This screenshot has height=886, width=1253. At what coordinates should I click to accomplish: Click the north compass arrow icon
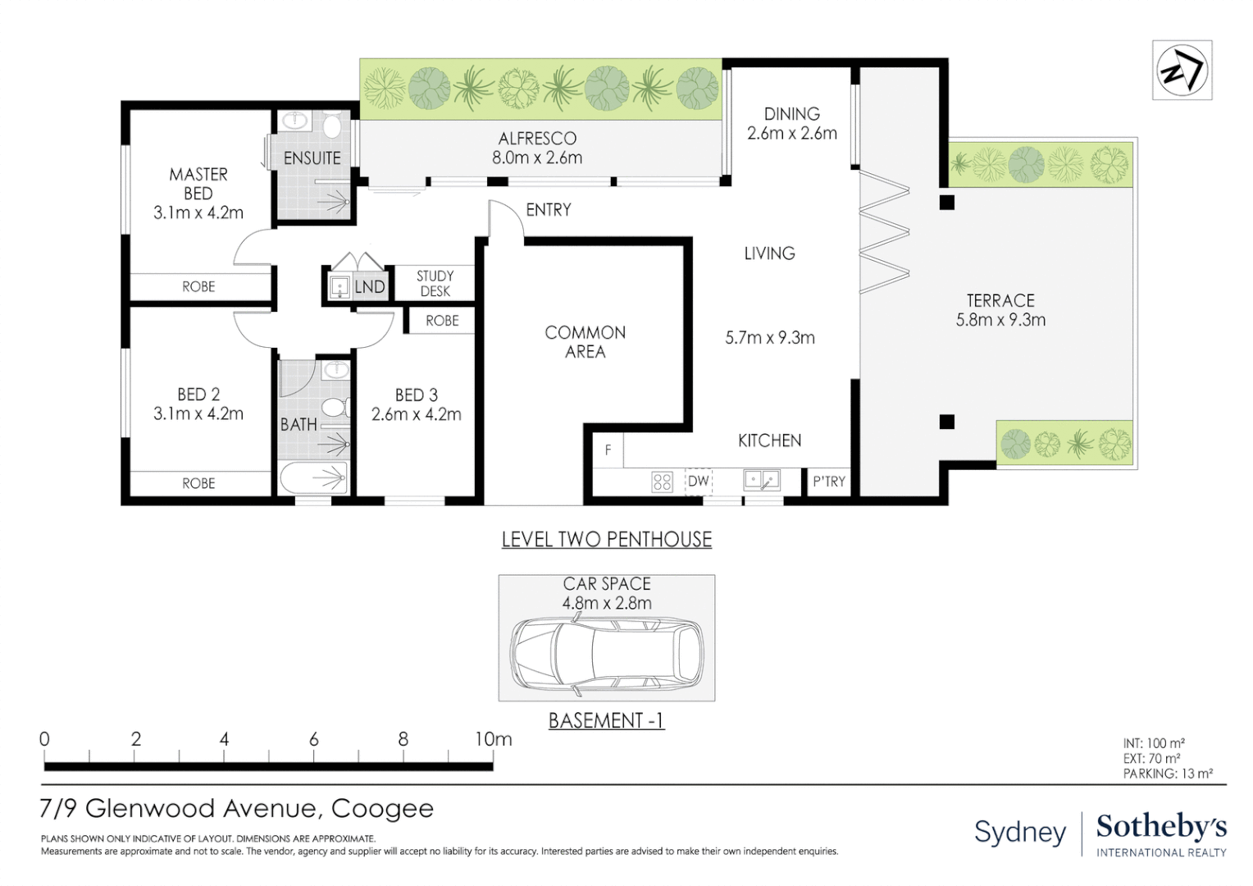pyautogui.click(x=1182, y=71)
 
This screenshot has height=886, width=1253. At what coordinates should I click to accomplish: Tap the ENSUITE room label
pyautogui.click(x=312, y=158)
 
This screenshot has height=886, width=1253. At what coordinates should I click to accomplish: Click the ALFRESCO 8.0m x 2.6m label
pyautogui.click(x=537, y=148)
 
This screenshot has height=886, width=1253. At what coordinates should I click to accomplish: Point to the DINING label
pyautogui.click(x=791, y=114)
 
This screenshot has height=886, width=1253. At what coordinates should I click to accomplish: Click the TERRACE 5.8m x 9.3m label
pyautogui.click(x=1000, y=310)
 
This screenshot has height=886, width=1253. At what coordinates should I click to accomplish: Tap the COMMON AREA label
pyautogui.click(x=585, y=342)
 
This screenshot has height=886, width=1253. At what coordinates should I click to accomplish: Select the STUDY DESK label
pyautogui.click(x=435, y=284)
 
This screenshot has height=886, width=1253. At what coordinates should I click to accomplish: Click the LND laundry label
pyautogui.click(x=369, y=286)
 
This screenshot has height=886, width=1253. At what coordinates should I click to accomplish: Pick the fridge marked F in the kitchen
pyautogui.click(x=608, y=450)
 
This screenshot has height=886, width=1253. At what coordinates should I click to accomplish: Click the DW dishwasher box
pyautogui.click(x=698, y=482)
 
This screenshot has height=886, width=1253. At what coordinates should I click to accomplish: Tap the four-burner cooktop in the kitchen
pyautogui.click(x=662, y=482)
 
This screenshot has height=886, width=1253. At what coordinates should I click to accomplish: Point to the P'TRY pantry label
pyautogui.click(x=828, y=482)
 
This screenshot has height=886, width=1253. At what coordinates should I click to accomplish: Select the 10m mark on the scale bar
pyautogui.click(x=493, y=739)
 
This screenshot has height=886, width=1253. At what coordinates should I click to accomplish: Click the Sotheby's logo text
pyautogui.click(x=1161, y=827)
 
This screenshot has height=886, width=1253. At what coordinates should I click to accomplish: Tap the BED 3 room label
pyautogui.click(x=416, y=404)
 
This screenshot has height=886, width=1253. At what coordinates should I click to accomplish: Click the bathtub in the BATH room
pyautogui.click(x=314, y=478)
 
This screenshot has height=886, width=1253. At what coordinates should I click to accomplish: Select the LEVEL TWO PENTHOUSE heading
pyautogui.click(x=606, y=539)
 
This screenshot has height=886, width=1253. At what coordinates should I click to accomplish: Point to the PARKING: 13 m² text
pyautogui.click(x=1167, y=774)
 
